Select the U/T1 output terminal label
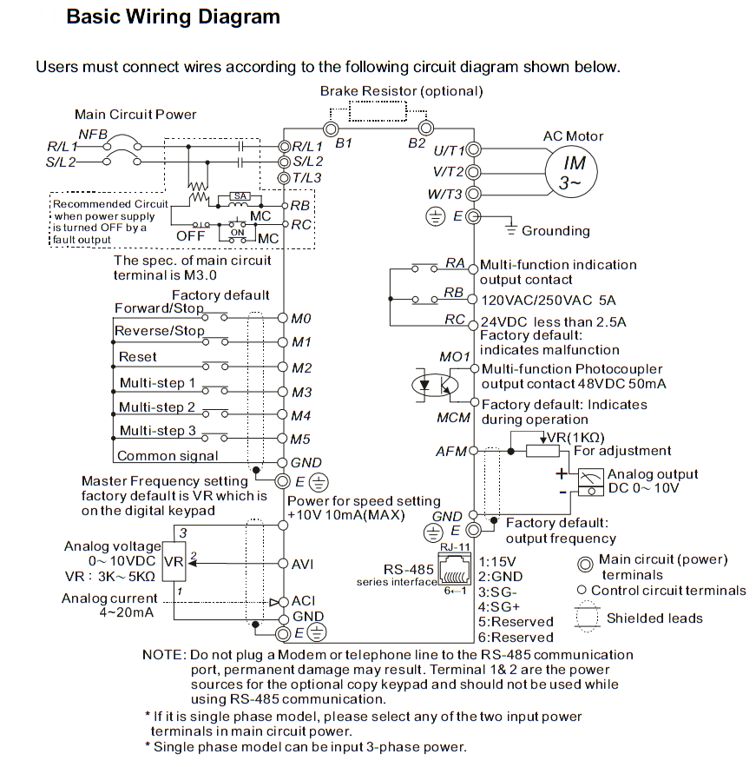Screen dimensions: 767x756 click(449, 150)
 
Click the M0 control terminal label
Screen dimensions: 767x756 click(301, 318)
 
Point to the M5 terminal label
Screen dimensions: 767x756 click(301, 440)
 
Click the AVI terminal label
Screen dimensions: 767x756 click(303, 564)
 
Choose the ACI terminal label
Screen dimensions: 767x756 click(303, 600)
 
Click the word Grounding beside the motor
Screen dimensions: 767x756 click(555, 231)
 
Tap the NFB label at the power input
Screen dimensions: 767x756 click(93, 133)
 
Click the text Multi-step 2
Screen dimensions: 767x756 click(157, 407)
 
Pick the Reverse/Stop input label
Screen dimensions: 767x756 click(160, 331)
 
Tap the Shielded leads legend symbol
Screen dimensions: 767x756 click(588, 618)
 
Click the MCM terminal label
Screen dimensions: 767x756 click(454, 417)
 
